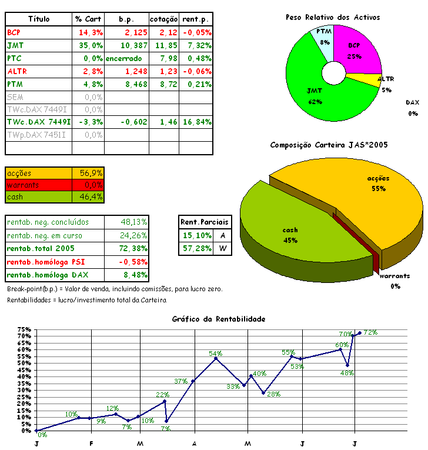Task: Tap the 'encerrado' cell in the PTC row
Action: click(x=124, y=58)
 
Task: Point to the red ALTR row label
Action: click(x=17, y=71)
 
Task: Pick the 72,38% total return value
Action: click(x=134, y=248)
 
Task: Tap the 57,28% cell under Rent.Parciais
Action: click(x=195, y=248)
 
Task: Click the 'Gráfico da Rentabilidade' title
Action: click(x=219, y=319)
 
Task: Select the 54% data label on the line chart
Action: click(x=215, y=353)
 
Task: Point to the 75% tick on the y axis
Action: click(x=24, y=329)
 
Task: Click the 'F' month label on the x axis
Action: click(x=91, y=442)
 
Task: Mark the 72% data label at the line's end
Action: click(x=370, y=332)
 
